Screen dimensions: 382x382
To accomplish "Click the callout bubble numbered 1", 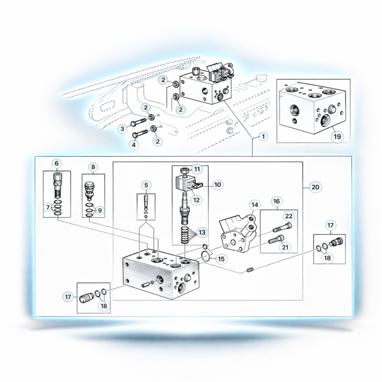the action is tap(263, 137).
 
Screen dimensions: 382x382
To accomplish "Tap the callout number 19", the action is tap(337, 137).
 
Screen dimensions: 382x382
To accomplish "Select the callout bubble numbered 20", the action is tap(315, 187).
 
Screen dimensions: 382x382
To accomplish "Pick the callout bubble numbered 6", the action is tap(56, 163).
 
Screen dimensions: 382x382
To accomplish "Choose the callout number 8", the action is tap(93, 167).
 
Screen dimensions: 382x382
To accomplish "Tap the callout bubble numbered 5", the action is tap(146, 185).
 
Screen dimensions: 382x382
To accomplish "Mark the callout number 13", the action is tap(202, 233).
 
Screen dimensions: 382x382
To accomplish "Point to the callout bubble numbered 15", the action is tap(221, 259).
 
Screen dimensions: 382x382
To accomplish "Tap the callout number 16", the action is tap(276, 201).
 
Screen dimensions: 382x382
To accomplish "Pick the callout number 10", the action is tap(218, 185).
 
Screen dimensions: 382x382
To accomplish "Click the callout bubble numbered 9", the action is tap(100, 211).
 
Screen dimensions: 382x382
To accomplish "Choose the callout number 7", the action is tap(48, 208).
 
